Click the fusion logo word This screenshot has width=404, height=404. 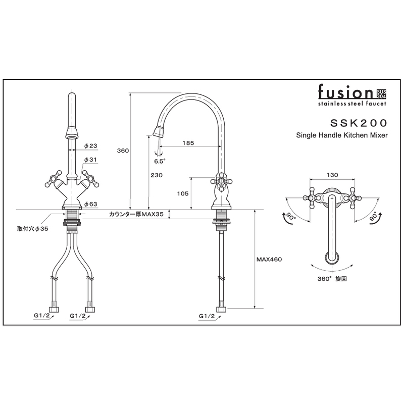point(345,92)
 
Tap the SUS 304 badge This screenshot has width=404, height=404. point(382,94)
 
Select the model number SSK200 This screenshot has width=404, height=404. point(359,123)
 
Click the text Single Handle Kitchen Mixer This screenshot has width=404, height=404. point(342,135)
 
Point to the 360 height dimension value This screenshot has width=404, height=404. point(123,150)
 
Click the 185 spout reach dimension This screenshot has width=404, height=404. point(188,143)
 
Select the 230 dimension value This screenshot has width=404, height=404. point(157,175)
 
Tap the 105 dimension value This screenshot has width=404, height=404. point(183,193)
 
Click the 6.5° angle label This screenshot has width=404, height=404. point(160,161)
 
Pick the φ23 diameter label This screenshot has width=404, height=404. point(91,146)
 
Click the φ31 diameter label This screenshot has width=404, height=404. point(90,160)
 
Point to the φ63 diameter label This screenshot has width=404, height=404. point(91,204)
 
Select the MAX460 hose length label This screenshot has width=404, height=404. point(269,260)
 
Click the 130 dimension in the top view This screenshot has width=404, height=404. point(332,175)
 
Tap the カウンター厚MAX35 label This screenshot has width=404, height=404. point(136,214)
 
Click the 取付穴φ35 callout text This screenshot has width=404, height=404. point(33,229)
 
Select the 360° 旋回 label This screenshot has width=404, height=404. point(332,279)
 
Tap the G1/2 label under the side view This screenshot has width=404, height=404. point(207,316)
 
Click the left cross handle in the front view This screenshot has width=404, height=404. point(54,178)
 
